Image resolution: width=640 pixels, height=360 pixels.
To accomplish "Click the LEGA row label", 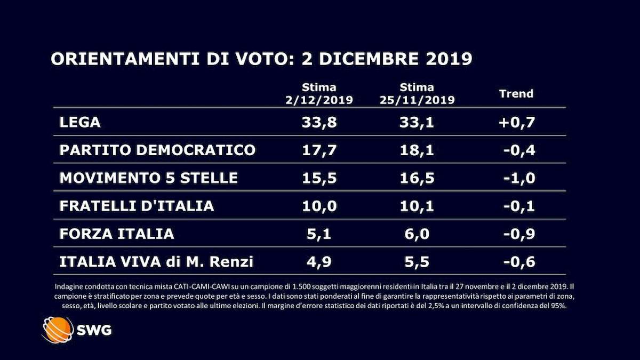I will pos(80,122).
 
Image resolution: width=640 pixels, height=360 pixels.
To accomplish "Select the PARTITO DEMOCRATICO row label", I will pos(157,150).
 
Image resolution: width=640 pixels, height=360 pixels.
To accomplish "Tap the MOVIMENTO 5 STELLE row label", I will pos(148,178).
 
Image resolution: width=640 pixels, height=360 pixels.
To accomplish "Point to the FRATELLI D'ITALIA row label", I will pos(137,206).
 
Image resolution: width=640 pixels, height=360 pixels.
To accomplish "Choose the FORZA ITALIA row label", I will pos(116,234).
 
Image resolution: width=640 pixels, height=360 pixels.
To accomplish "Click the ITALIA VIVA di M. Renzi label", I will pos(156,262).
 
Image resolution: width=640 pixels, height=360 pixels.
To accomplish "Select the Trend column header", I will pos(516,94).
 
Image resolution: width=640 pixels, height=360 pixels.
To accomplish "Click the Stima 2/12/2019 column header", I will pos(319,94).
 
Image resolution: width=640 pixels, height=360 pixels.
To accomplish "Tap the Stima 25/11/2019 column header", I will pos(417,94).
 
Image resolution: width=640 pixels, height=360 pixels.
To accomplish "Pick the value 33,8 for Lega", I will pos(319,122).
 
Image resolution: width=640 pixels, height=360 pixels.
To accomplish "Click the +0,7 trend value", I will pos(516,122).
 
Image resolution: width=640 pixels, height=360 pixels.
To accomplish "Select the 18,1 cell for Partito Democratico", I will pos(417,150).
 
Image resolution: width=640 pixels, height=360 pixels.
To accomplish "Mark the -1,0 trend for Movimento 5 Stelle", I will pos(518,178).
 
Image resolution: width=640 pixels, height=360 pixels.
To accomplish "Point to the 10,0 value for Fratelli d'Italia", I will pos(319,206).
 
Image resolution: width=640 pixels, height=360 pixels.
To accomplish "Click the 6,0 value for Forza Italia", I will pos(417,234).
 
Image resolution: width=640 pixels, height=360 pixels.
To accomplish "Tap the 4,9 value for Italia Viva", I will pos(319,262).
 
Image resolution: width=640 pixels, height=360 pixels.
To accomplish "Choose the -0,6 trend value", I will pos(518,262).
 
